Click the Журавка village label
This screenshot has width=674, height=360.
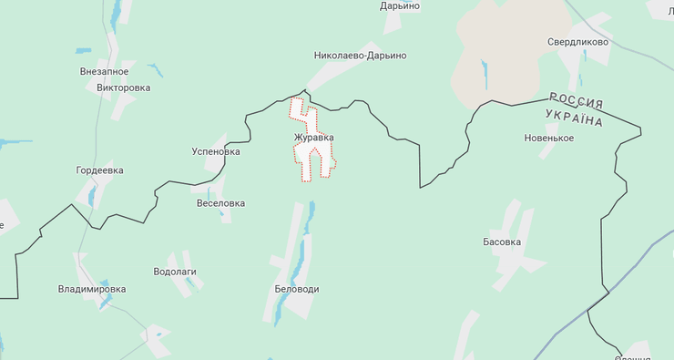[x=313, y=138]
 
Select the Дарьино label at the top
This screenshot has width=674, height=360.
[x=400, y=5]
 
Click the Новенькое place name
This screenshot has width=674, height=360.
[x=548, y=138]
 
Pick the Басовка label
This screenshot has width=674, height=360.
[x=502, y=242]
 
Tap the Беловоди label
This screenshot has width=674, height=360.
[x=297, y=289]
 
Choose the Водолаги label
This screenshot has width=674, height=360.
[x=175, y=272]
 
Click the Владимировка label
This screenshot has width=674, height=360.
[x=92, y=289]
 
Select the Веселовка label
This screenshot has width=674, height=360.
[x=220, y=203]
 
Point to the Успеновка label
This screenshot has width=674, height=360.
[x=216, y=151]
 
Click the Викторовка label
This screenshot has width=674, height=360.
[x=123, y=88]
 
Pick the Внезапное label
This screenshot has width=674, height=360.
[x=104, y=71]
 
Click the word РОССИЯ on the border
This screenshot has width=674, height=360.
[x=576, y=100]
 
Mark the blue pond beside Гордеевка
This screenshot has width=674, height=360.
[x=94, y=193]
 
